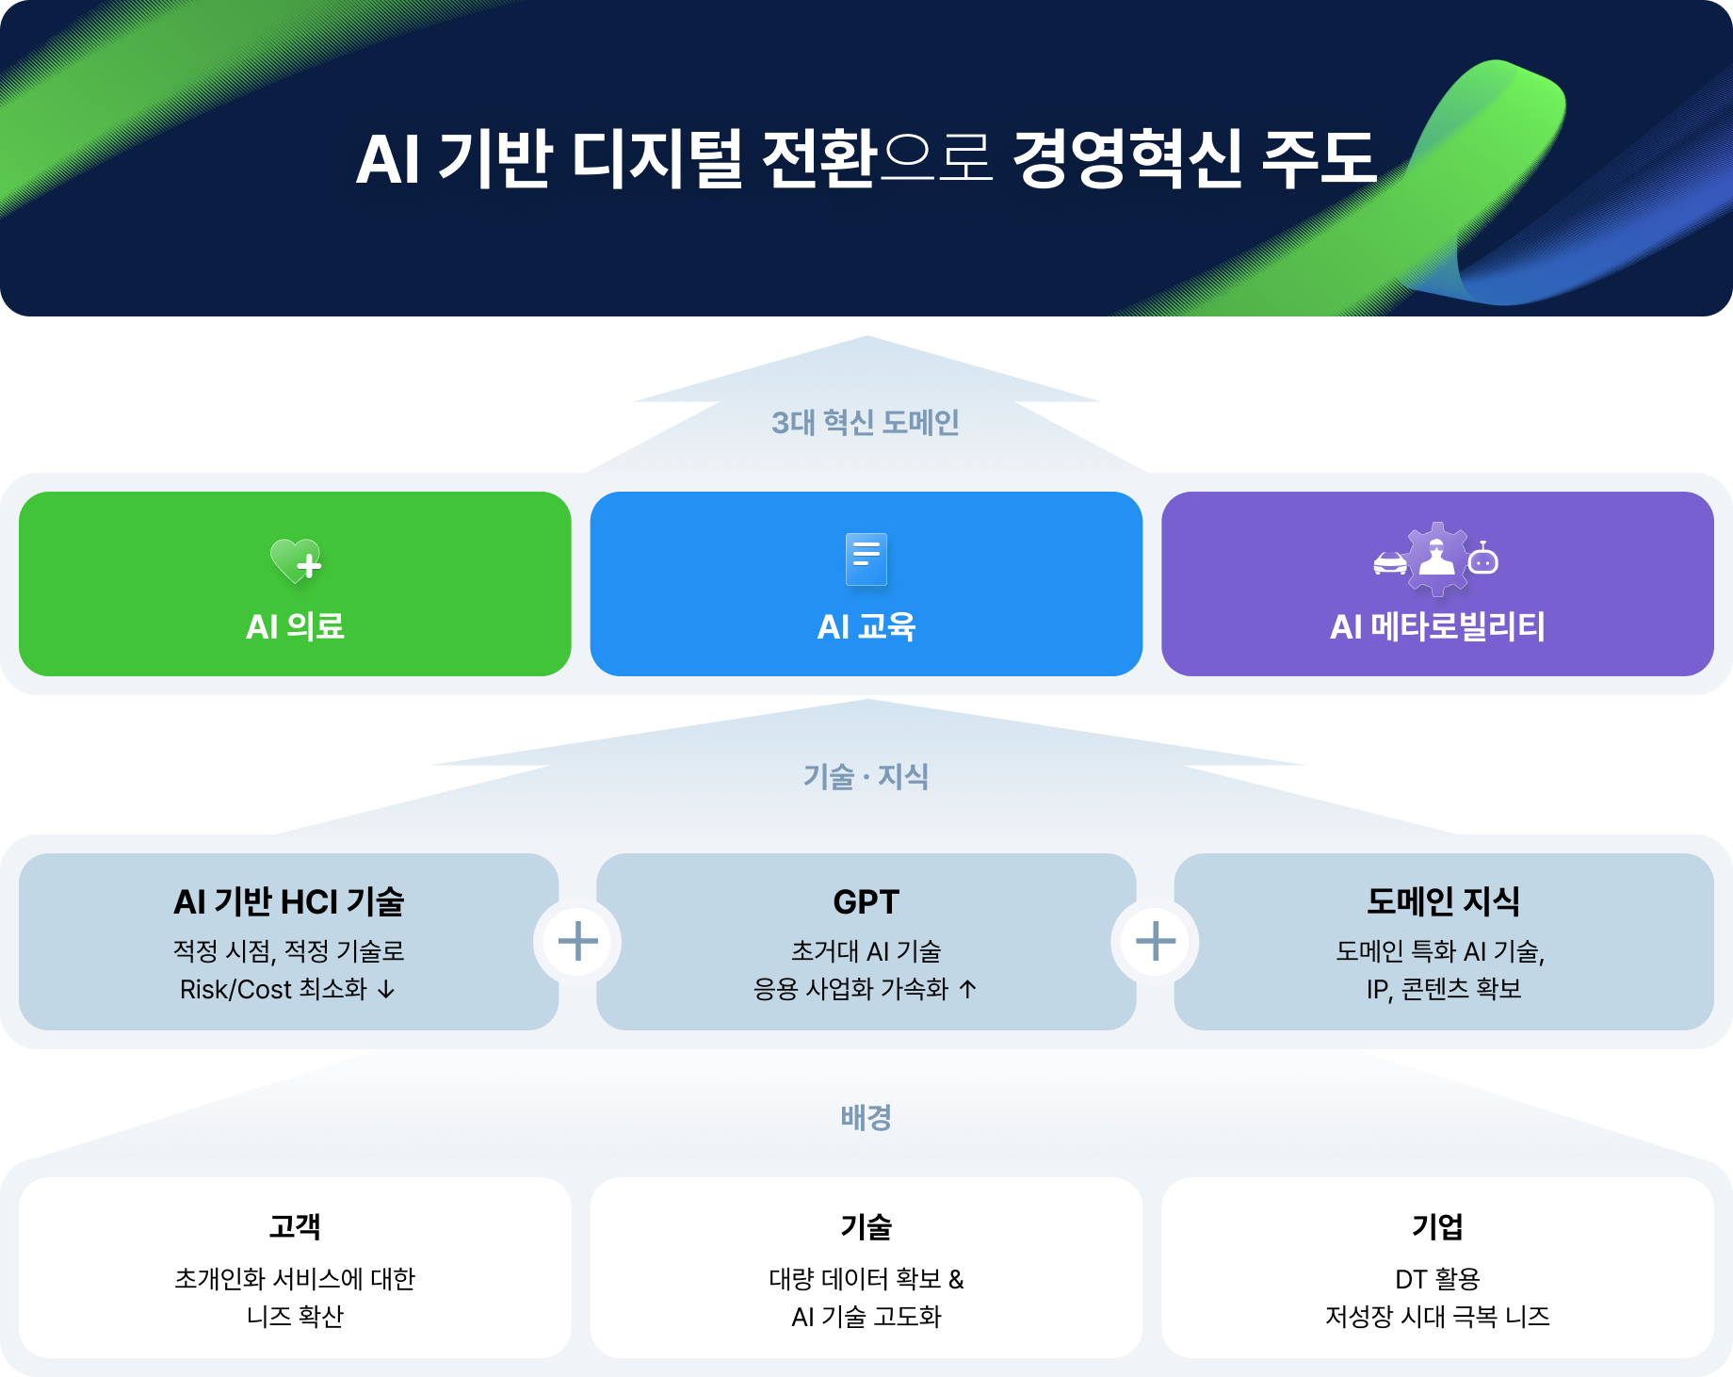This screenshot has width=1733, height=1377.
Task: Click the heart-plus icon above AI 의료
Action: point(296,559)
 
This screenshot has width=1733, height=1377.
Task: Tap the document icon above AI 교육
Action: point(866,559)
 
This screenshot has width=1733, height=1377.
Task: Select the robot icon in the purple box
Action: point(1483,559)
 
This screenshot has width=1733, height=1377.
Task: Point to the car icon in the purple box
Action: point(1390,563)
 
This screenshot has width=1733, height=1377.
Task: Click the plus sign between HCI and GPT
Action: point(577,941)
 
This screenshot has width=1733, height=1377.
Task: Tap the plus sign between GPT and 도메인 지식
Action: point(1156,941)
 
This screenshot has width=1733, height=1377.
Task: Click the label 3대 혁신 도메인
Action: point(866,423)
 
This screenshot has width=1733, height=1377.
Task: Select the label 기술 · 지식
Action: point(866,777)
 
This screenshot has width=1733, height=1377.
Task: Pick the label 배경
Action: point(866,1118)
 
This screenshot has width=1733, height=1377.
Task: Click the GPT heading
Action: point(866,902)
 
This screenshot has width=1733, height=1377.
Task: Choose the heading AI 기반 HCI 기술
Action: point(288,902)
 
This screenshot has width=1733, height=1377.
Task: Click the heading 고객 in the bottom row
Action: point(295,1226)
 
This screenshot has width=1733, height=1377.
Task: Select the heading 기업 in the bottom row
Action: point(1437,1226)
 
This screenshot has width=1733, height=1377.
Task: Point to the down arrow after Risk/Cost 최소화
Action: point(386,990)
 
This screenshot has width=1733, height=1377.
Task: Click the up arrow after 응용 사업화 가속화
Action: point(967,989)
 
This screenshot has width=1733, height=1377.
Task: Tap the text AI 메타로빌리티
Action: point(1437,626)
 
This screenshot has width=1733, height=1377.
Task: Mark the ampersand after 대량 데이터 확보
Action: point(956,1279)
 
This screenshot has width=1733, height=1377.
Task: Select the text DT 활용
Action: point(1437,1279)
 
